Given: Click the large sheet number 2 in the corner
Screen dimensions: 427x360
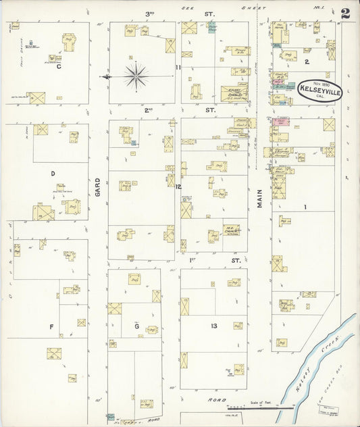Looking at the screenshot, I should click(x=345, y=13).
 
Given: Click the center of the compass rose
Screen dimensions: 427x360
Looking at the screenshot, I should click(x=136, y=76).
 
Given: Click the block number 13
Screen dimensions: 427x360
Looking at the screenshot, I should click(x=213, y=326).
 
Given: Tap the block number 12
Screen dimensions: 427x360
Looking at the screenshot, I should click(x=178, y=186).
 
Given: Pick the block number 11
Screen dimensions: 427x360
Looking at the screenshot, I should click(x=178, y=68).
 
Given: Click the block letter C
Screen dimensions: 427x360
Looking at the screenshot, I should click(x=59, y=66).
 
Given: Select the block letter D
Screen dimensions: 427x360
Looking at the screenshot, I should click(x=53, y=174).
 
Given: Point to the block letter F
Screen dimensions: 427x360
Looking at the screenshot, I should click(x=51, y=327).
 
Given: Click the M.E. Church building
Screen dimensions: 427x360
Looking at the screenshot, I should click(x=232, y=231).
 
